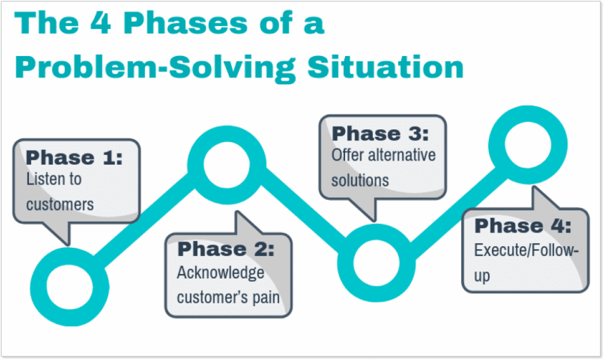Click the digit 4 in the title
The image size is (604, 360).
(x=101, y=23)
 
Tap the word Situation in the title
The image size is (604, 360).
(x=385, y=67)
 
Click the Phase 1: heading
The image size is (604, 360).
(x=74, y=158)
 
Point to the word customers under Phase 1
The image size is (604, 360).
(x=60, y=204)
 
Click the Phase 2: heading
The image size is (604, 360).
(x=226, y=249)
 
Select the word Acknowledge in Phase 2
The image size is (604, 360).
(x=221, y=273)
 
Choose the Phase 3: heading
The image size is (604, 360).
(x=380, y=134)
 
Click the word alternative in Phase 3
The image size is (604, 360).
(x=402, y=155)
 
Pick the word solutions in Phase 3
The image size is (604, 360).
(x=360, y=181)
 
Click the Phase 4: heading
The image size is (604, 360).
(x=523, y=226)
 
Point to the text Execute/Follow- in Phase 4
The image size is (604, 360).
(x=526, y=250)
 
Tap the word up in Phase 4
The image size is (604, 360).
(x=482, y=276)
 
